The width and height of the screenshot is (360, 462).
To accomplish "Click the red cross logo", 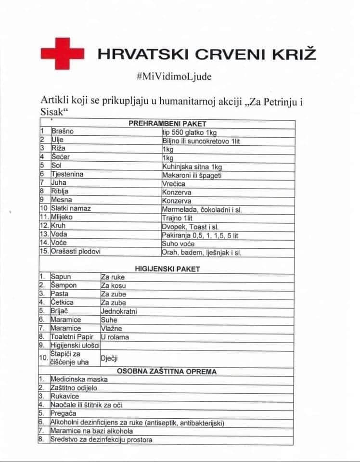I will tap(62, 52).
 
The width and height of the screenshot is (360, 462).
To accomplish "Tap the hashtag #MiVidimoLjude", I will tap(174, 77).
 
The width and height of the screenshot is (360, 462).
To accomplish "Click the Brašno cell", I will tap(63, 131).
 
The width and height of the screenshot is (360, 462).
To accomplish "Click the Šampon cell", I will tap(63, 285).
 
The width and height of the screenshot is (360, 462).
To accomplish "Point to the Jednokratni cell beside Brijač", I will tap(118, 311).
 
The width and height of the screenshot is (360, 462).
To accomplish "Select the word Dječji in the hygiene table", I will tap(109, 358).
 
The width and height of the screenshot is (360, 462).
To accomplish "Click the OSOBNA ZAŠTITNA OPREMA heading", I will tap(167, 371).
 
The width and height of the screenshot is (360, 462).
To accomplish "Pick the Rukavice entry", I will tap(64, 396).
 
